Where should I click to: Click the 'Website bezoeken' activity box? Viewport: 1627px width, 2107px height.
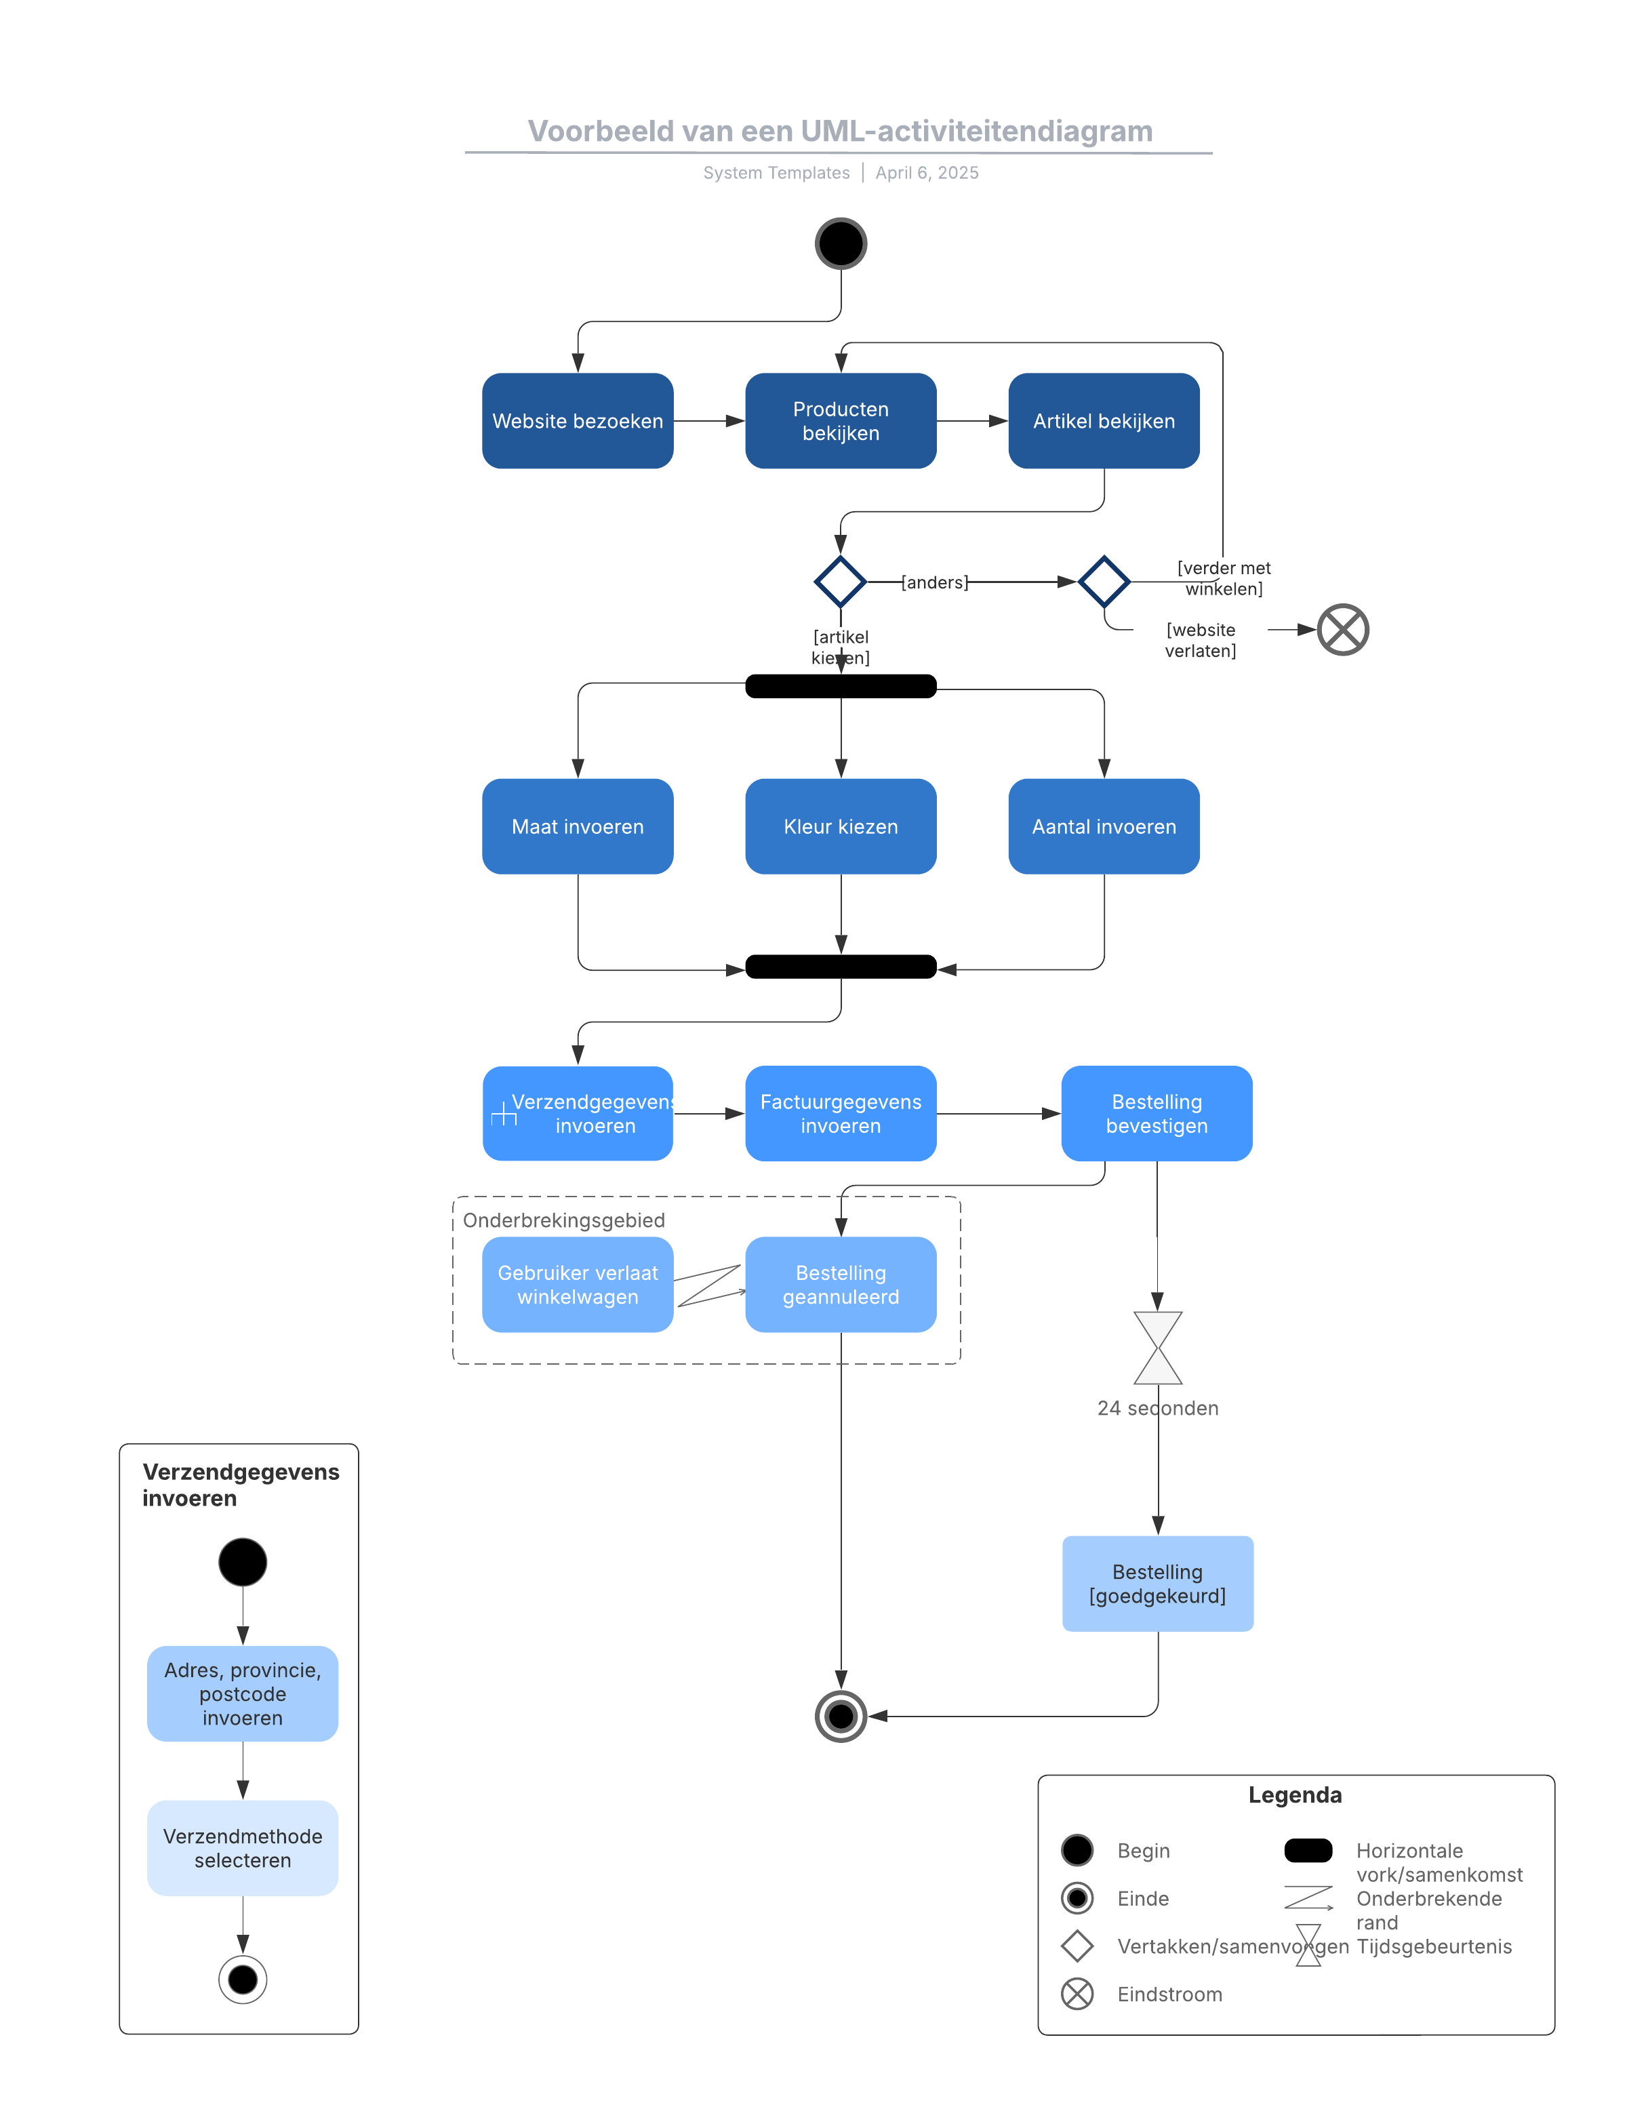[x=577, y=420]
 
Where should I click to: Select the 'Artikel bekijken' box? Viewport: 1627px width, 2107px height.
[x=1103, y=420]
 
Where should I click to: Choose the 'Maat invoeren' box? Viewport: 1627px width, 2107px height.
[x=577, y=826]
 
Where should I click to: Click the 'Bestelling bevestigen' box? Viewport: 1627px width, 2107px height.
[x=1156, y=1112]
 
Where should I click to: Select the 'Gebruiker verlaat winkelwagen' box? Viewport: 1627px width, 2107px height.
[x=577, y=1284]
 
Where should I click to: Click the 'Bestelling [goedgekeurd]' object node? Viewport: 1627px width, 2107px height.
[x=1157, y=1583]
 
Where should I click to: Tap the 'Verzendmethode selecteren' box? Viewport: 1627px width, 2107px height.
[x=242, y=1847]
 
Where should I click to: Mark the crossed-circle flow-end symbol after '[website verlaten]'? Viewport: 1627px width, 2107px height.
[x=1342, y=629]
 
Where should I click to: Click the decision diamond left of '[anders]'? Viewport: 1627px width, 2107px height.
[x=839, y=582]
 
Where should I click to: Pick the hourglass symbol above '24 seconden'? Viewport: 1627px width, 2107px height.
[x=1157, y=1347]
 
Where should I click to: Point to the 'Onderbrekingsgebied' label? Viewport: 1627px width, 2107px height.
[x=563, y=1220]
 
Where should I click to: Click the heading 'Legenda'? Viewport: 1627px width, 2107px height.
[x=1294, y=1794]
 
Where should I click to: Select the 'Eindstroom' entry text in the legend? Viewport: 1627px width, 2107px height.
[x=1169, y=1994]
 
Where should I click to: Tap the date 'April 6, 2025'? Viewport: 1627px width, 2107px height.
[x=927, y=173]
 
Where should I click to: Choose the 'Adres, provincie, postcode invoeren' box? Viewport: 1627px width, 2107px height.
[x=242, y=1693]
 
